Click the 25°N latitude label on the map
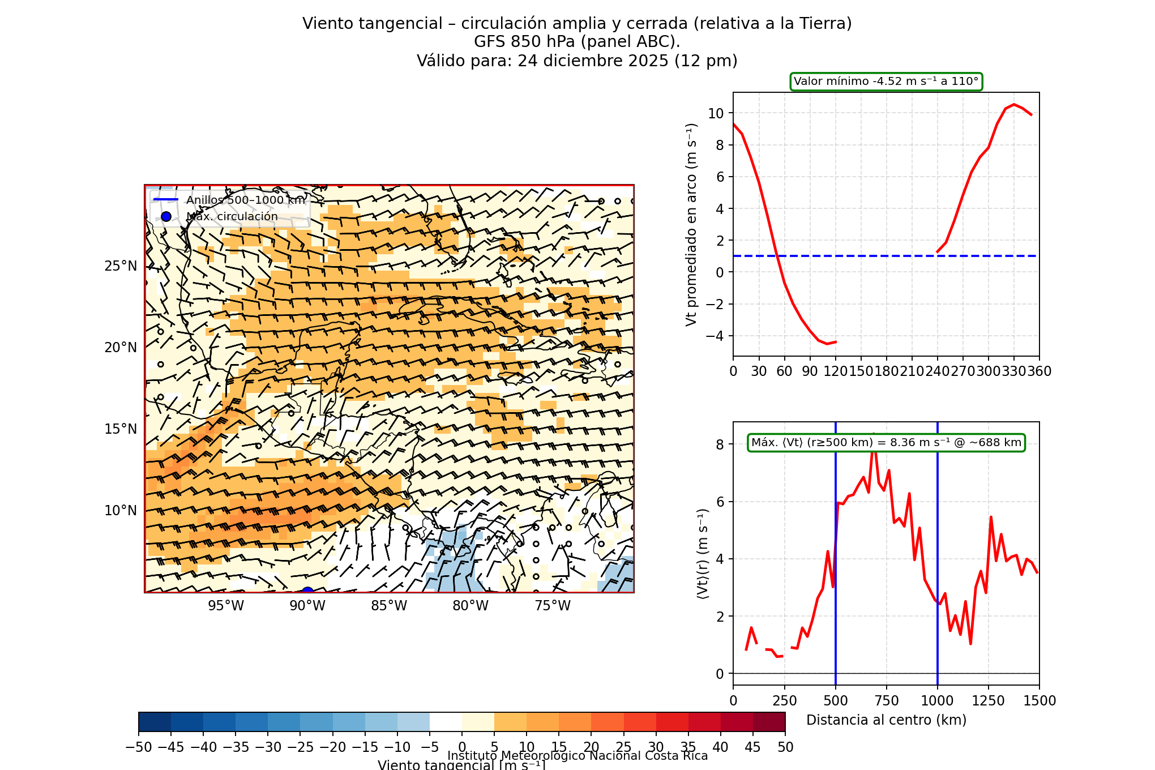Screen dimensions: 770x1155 click(x=121, y=266)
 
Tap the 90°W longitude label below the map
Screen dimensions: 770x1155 click(x=307, y=606)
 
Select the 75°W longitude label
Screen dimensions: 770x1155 click(x=553, y=606)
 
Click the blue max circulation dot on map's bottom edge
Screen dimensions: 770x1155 click(x=307, y=591)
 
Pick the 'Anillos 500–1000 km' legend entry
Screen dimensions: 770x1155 click(x=245, y=200)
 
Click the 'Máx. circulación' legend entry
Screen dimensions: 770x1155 click(x=232, y=216)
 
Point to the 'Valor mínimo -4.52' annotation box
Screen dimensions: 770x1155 click(x=886, y=82)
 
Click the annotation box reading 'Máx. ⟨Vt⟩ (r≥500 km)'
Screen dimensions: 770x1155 click(x=886, y=443)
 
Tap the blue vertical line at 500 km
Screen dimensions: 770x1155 click(x=836, y=566)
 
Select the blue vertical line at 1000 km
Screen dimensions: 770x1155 click(x=938, y=538)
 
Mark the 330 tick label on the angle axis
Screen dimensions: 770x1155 click(x=1013, y=371)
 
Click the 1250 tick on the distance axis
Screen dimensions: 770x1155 click(x=989, y=701)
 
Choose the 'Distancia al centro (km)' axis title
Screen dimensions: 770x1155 click(x=886, y=720)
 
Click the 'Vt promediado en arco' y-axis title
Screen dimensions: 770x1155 click(x=691, y=224)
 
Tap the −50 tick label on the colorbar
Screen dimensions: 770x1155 click(x=139, y=747)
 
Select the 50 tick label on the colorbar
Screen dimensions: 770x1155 click(x=785, y=747)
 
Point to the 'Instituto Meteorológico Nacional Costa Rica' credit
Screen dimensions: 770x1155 click(x=577, y=756)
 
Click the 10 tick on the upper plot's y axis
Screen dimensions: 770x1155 click(x=716, y=113)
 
